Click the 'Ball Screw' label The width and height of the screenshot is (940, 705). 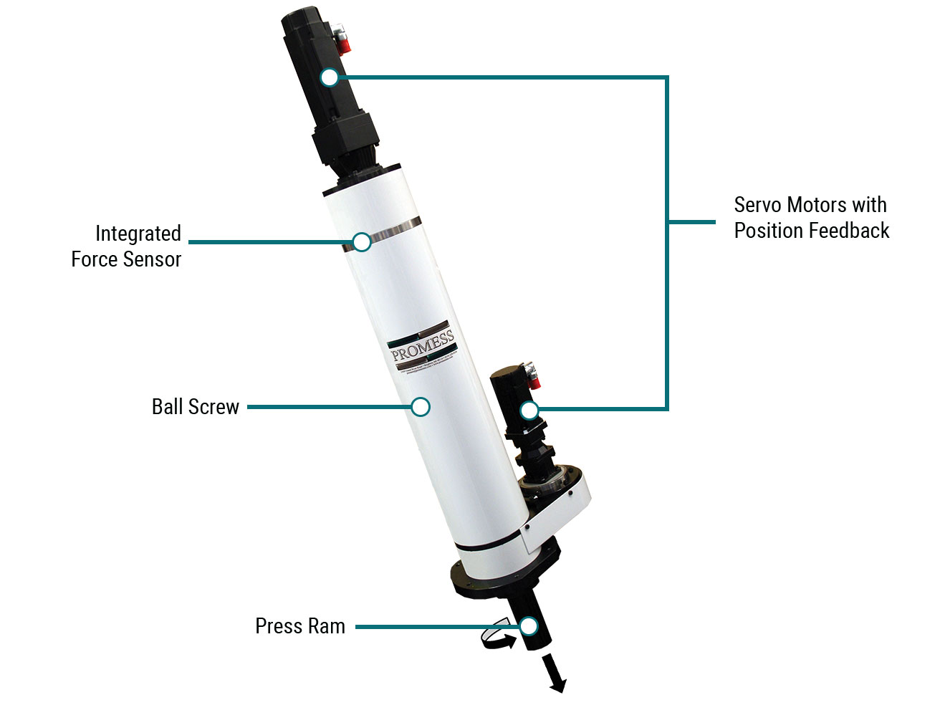195,407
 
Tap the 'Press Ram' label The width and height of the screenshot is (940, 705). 300,626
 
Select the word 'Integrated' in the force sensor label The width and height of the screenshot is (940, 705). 138,234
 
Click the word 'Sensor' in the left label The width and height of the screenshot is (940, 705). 153,259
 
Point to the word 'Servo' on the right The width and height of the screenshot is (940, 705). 757,205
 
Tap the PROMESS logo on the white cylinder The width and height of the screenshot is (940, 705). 423,346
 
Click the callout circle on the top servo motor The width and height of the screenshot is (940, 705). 330,77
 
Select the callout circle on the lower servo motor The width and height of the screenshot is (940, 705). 529,411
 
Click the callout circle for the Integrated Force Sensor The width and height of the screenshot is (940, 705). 362,242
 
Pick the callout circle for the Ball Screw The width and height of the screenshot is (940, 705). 421,407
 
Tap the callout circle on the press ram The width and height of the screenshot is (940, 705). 529,626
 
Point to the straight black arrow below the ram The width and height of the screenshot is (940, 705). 554,673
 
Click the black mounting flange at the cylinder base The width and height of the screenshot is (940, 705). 502,577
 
